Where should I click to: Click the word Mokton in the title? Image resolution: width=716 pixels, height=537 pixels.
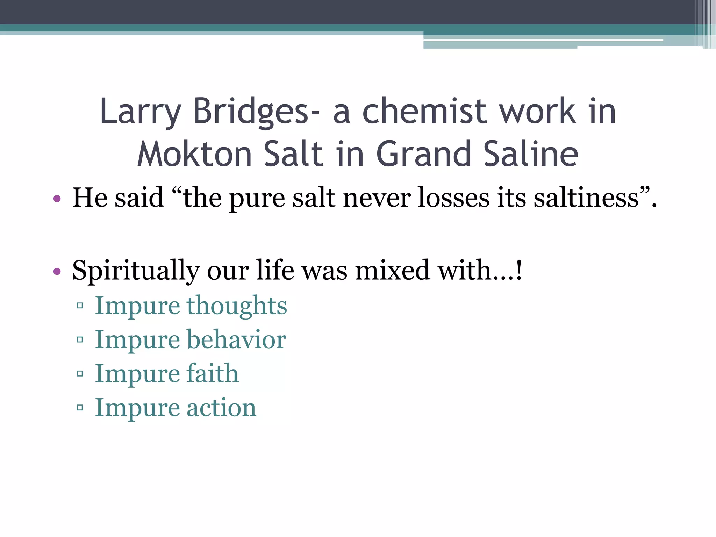(195, 154)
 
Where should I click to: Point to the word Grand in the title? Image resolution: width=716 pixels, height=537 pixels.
(423, 154)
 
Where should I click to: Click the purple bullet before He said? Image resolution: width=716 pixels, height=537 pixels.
(57, 199)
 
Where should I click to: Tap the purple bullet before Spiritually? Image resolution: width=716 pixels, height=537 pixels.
(57, 271)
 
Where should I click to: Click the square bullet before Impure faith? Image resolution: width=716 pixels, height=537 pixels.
(80, 373)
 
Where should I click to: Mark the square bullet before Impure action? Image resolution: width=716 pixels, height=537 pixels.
(80, 407)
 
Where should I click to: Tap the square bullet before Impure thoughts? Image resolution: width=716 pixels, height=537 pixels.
(80, 306)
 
